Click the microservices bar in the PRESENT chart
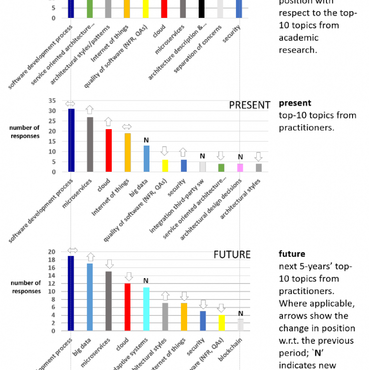point(90,144)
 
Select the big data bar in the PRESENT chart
point(147,158)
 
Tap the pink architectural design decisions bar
point(240,167)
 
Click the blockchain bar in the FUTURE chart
point(240,325)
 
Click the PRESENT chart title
point(250,105)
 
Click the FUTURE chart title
point(232,254)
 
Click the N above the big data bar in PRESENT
point(146,140)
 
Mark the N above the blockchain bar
point(240,313)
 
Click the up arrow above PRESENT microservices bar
point(90,110)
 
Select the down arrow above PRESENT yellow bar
point(165,151)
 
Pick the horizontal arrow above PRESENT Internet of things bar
point(127,127)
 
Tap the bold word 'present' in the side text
point(295,103)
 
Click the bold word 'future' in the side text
point(292,253)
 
